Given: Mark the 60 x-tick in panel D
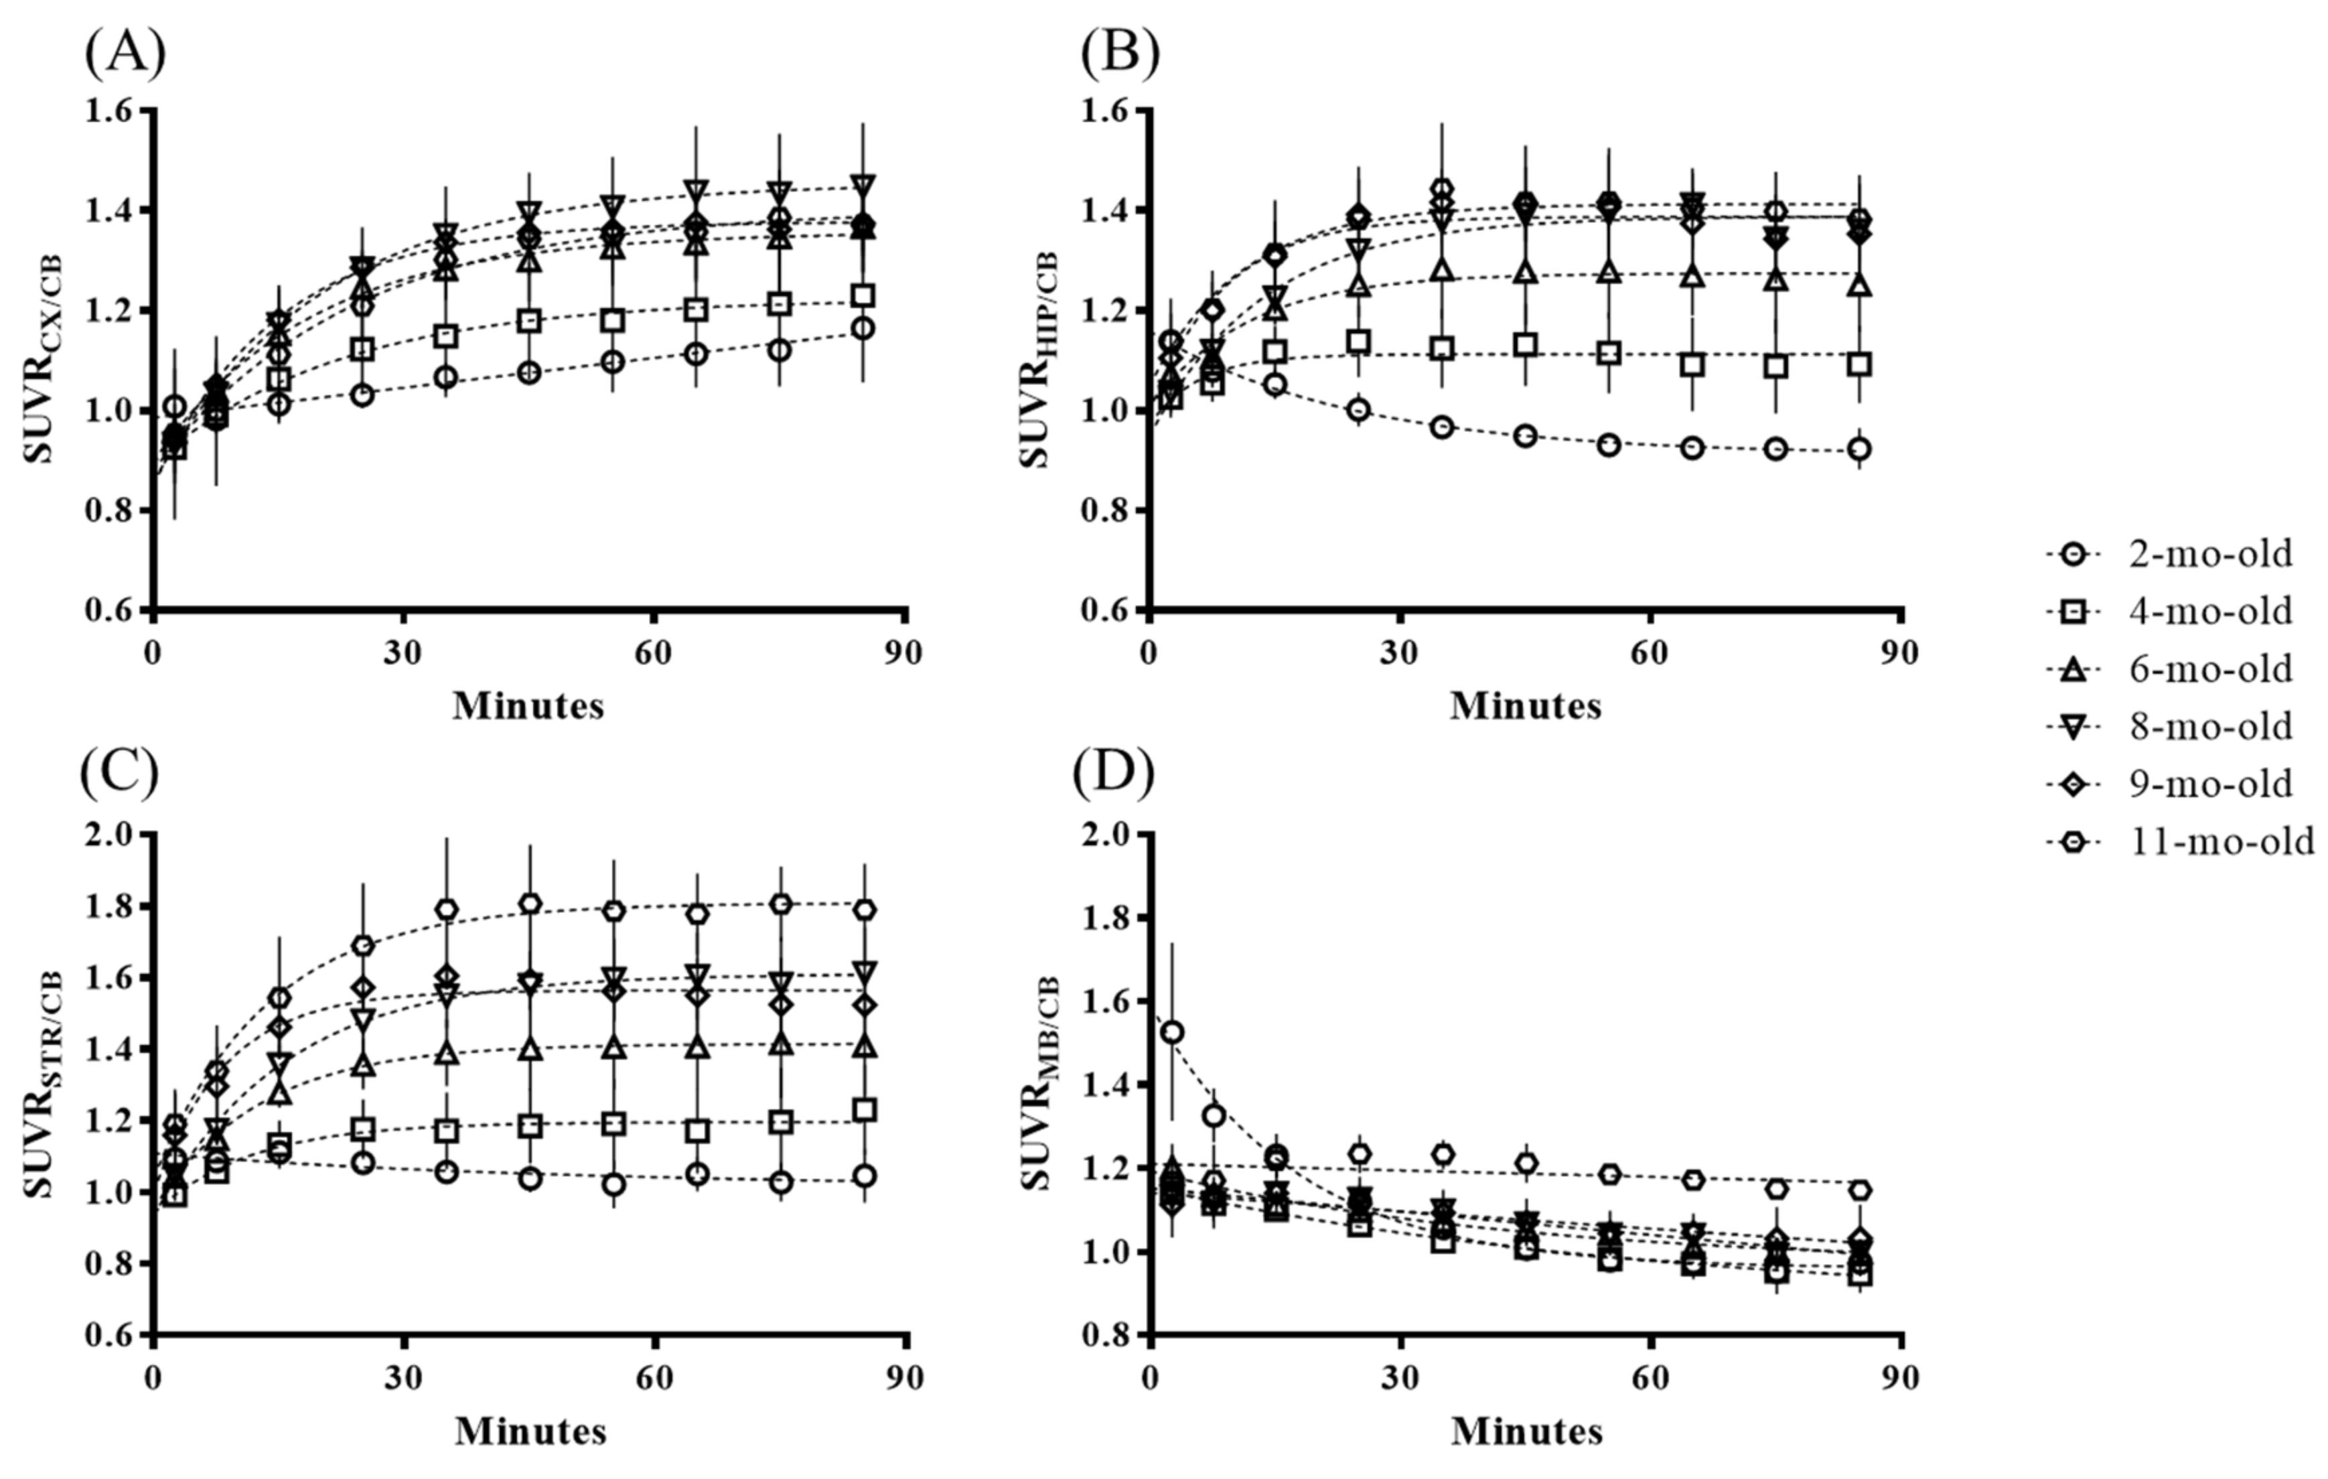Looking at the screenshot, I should click(1650, 1377).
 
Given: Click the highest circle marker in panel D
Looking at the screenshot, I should click(1173, 1032).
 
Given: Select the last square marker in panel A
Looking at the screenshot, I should click(865, 296).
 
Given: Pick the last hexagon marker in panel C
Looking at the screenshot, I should click(865, 910).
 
